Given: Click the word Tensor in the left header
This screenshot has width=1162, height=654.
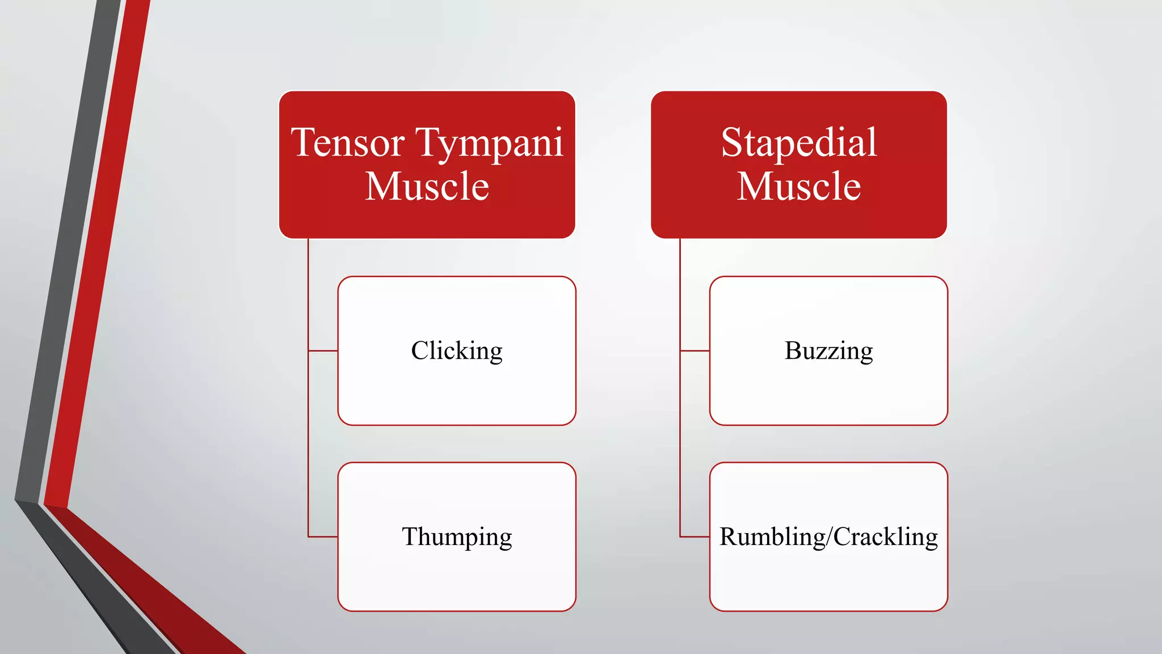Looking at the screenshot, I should pyautogui.click(x=347, y=143).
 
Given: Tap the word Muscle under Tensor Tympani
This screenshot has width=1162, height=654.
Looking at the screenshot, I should pyautogui.click(x=427, y=187).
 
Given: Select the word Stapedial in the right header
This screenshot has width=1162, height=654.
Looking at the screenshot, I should pyautogui.click(x=799, y=143).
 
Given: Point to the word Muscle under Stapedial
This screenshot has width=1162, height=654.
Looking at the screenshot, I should pyautogui.click(x=799, y=187).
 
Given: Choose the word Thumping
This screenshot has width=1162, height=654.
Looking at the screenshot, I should pyautogui.click(x=457, y=537).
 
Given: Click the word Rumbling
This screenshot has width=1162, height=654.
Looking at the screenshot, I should pyautogui.click(x=772, y=537).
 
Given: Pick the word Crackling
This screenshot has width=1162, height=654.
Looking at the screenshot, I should pyautogui.click(x=885, y=537).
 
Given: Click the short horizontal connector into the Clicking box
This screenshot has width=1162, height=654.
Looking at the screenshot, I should pyautogui.click(x=323, y=351).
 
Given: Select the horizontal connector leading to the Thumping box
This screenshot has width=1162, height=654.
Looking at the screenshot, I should pyautogui.click(x=323, y=536).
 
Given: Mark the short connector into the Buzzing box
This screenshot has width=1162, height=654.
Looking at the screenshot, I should pyautogui.click(x=694, y=351).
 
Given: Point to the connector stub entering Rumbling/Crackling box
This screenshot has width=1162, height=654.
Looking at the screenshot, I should pyautogui.click(x=694, y=536).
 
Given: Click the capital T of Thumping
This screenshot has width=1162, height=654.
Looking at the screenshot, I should pyautogui.click(x=410, y=536).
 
